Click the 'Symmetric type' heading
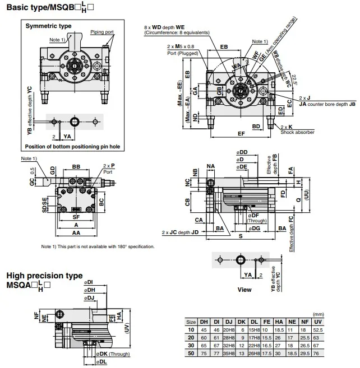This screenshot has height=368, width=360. coord(48,26)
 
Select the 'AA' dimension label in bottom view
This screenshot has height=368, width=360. coord(75,232)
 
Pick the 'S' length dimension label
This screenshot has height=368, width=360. coord(240,237)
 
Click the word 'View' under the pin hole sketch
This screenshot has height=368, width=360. coord(244,290)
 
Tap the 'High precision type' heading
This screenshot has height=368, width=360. coord(44,276)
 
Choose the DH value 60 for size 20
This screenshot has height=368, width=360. coord(204,338)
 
